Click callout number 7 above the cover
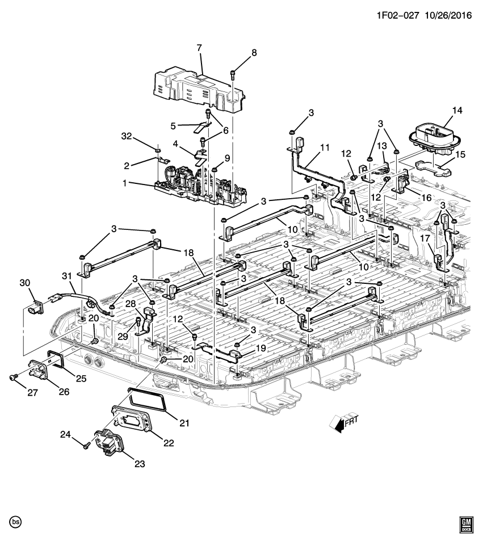pos(199,48)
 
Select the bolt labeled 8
pos(234,73)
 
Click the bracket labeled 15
pos(430,166)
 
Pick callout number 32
pos(127,136)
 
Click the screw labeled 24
pos(86,447)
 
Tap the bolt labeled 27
pos(13,376)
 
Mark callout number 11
pos(324,148)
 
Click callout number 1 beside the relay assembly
pos(132,184)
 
